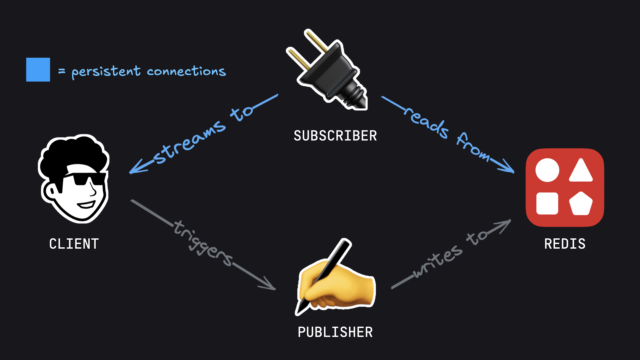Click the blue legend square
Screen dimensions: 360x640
tap(38, 70)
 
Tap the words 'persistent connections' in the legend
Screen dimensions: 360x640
tap(148, 71)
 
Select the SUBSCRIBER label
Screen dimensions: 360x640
tap(335, 136)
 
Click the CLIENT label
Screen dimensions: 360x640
tap(74, 244)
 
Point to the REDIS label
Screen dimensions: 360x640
tap(565, 244)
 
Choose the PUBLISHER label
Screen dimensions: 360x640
tap(335, 332)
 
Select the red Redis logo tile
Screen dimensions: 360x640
tap(565, 187)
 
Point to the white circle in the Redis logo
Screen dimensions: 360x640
tap(547, 170)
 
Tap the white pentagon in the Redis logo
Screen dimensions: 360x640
tap(581, 203)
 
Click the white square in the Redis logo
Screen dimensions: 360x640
tap(547, 203)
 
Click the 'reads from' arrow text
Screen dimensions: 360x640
tap(447, 133)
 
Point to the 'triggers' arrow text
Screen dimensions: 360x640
tap(203, 243)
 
